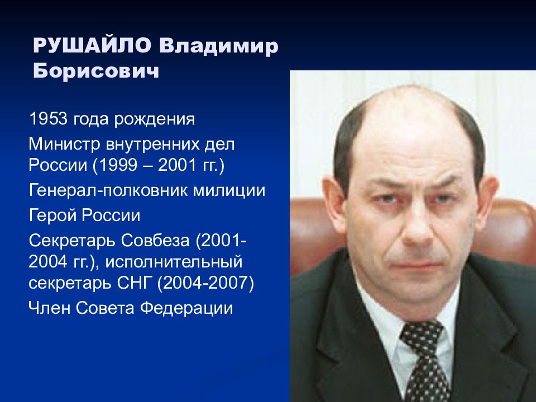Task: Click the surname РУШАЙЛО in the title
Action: (92, 45)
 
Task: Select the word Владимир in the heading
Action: (219, 46)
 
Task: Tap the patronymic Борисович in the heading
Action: (96, 71)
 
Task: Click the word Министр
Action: (65, 144)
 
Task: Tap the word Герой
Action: (52, 216)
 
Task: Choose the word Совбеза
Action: (155, 240)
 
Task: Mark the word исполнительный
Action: (174, 262)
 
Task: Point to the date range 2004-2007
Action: (205, 284)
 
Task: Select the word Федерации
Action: (186, 308)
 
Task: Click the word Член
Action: (49, 308)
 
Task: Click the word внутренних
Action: (152, 145)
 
